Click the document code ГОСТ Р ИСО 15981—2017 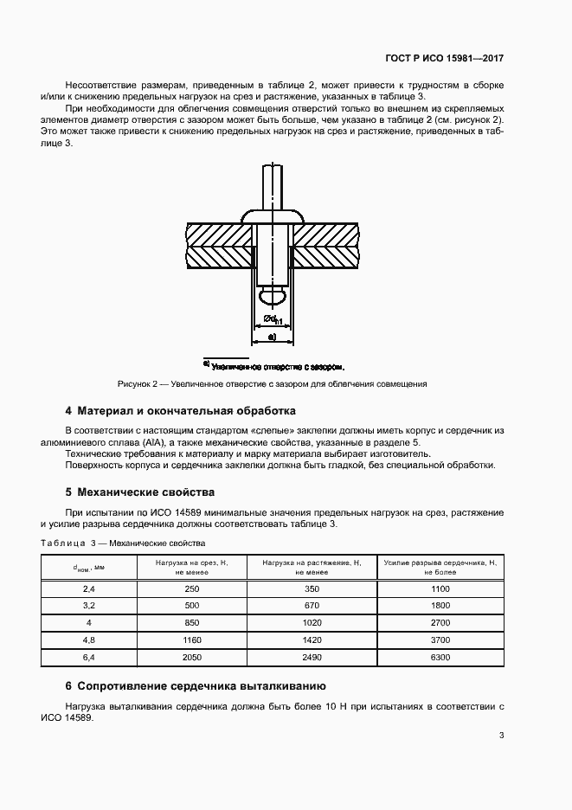click(444, 58)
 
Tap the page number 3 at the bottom click(501, 736)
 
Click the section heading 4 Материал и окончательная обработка click(181, 409)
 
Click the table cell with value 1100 click(440, 588)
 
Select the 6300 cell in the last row click(440, 658)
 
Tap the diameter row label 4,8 click(88, 640)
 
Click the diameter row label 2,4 click(88, 588)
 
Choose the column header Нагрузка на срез click(191, 567)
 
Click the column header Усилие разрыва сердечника click(440, 567)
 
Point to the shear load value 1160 click(191, 640)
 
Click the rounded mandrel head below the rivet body click(272, 297)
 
